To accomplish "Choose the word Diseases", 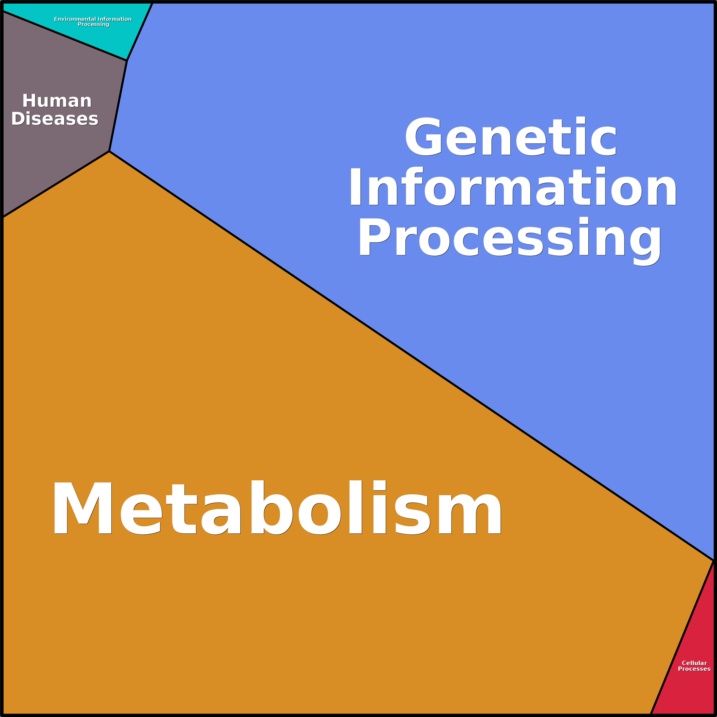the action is [x=55, y=118].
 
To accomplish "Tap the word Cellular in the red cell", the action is [x=694, y=663].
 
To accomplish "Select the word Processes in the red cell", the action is [x=694, y=669].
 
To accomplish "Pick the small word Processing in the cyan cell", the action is [x=94, y=25].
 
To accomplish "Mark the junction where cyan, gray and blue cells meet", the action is [x=126, y=61].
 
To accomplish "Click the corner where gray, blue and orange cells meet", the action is [x=109, y=151].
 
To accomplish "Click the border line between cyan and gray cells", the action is [x=65, y=36].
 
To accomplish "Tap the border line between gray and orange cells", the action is [x=56, y=184].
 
